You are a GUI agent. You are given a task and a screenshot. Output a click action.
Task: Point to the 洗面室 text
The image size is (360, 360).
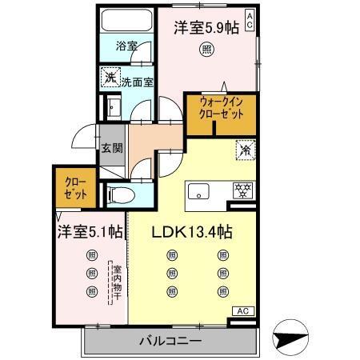point(138,81)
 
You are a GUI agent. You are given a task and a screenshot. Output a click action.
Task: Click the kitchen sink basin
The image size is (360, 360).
point(198,191)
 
